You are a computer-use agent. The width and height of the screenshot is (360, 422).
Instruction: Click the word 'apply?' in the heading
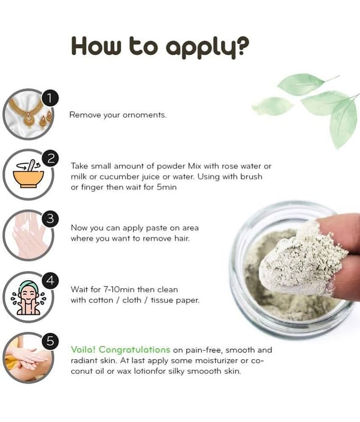[208, 47]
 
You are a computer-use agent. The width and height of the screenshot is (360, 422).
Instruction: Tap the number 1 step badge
[50, 98]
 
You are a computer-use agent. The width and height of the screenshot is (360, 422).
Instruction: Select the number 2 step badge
[50, 159]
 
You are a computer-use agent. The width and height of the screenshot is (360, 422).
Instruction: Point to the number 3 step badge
[50, 219]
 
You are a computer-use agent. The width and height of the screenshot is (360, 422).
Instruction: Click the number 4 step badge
[50, 281]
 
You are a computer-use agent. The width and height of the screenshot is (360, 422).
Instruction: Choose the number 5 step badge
[50, 341]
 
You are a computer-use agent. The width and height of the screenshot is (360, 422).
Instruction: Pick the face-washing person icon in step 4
[28, 298]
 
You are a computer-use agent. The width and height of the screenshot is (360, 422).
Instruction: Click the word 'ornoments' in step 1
[144, 115]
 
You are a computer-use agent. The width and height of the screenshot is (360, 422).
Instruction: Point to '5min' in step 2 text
[167, 187]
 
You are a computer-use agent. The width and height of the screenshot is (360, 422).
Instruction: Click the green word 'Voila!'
[83, 350]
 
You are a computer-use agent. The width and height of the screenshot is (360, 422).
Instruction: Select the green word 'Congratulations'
[134, 350]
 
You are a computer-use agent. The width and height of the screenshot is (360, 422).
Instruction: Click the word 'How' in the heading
[96, 46]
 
